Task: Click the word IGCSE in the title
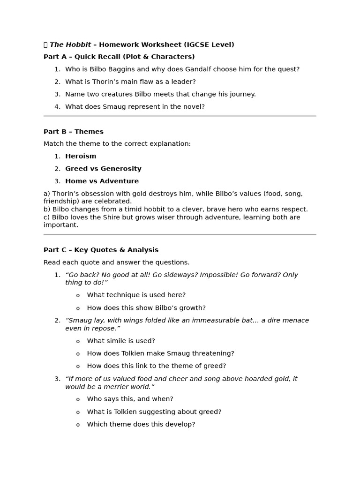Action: [x=198, y=45]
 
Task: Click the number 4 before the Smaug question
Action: [x=57, y=107]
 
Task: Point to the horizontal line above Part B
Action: [x=180, y=116]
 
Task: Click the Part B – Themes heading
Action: [x=74, y=132]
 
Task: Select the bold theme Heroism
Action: [x=81, y=157]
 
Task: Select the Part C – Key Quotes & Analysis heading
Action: [x=101, y=250]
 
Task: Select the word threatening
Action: [x=214, y=353]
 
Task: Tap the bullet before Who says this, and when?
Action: [x=78, y=400]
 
